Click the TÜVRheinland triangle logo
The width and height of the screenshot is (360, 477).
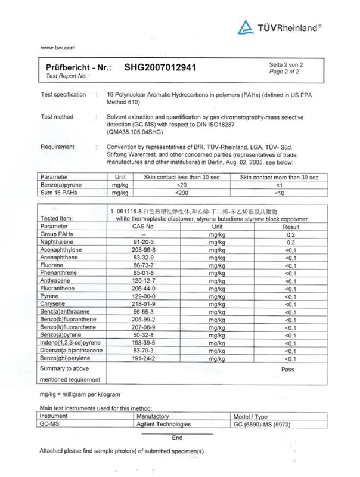(245, 27)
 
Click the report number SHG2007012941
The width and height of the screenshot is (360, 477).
(160, 69)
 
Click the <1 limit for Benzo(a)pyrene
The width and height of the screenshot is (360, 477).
(278, 185)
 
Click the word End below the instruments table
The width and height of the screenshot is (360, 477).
(177, 437)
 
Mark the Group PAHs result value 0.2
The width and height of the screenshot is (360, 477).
(290, 235)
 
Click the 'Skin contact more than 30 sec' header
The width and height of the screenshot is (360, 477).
(278, 177)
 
